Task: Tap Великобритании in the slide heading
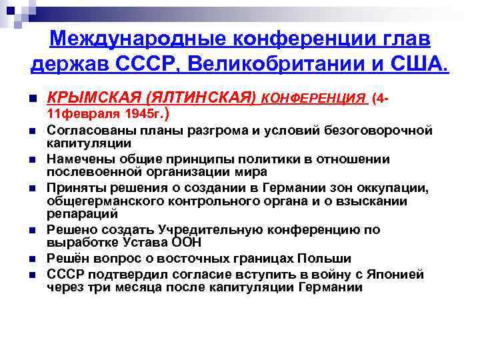(293, 65)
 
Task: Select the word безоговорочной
(377, 129)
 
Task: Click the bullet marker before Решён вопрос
(31, 259)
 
